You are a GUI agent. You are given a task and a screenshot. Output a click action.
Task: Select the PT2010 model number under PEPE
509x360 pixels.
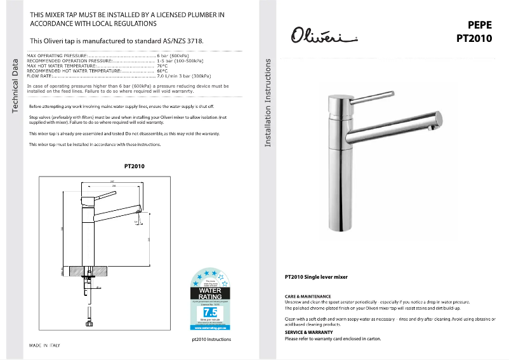click(474, 38)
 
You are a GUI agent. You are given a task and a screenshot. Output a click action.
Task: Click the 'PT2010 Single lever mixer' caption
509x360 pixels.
click(316, 277)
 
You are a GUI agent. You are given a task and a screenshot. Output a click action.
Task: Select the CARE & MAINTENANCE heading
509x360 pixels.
click(308, 297)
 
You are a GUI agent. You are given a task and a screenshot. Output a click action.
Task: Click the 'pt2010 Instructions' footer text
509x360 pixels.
click(211, 340)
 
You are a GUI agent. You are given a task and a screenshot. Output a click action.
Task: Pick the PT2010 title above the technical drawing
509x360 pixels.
click(134, 166)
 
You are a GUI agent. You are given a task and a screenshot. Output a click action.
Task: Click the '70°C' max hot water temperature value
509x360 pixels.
click(162, 65)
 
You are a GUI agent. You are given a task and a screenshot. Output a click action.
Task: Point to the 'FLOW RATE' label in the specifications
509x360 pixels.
click(40, 76)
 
